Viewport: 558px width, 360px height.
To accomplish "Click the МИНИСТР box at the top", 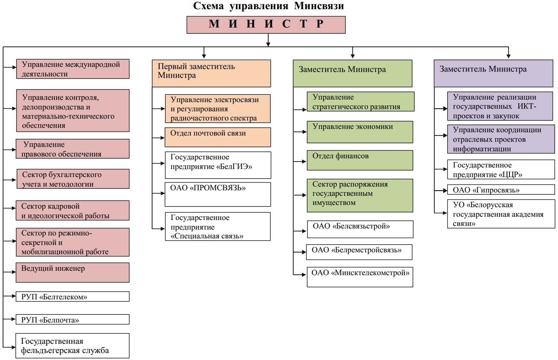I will tap(266, 25).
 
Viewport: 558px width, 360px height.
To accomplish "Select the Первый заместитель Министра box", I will tap(211, 73).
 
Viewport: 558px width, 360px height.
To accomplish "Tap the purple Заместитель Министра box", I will tap(493, 73).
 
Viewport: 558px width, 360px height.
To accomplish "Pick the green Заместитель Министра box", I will tap(352, 73).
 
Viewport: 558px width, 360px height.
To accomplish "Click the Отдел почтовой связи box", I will tap(218, 137).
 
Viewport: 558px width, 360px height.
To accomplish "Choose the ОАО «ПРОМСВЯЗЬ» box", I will tap(218, 194).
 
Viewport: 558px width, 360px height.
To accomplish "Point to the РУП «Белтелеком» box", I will tap(72, 296).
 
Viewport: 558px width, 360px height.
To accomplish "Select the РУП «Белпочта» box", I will tap(72, 319).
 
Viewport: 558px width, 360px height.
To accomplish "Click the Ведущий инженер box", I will tap(72, 272).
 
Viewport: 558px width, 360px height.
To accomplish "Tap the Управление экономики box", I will tap(360, 132).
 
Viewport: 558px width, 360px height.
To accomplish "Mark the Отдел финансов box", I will tap(360, 160).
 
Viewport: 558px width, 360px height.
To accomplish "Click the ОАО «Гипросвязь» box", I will tap(501, 190).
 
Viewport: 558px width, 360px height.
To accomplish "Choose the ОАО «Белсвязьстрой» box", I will tap(360, 229).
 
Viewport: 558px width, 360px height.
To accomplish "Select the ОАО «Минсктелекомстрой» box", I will tap(360, 277).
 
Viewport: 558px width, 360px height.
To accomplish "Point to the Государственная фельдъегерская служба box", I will tap(72, 346).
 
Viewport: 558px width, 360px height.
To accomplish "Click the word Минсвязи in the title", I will tap(319, 6).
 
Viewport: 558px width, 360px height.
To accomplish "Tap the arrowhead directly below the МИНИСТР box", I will tap(268, 44).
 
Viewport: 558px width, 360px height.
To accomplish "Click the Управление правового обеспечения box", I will tap(72, 149).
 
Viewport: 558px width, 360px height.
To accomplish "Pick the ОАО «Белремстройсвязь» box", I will tap(359, 252).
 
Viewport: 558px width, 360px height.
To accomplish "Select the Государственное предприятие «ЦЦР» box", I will tap(501, 169).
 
